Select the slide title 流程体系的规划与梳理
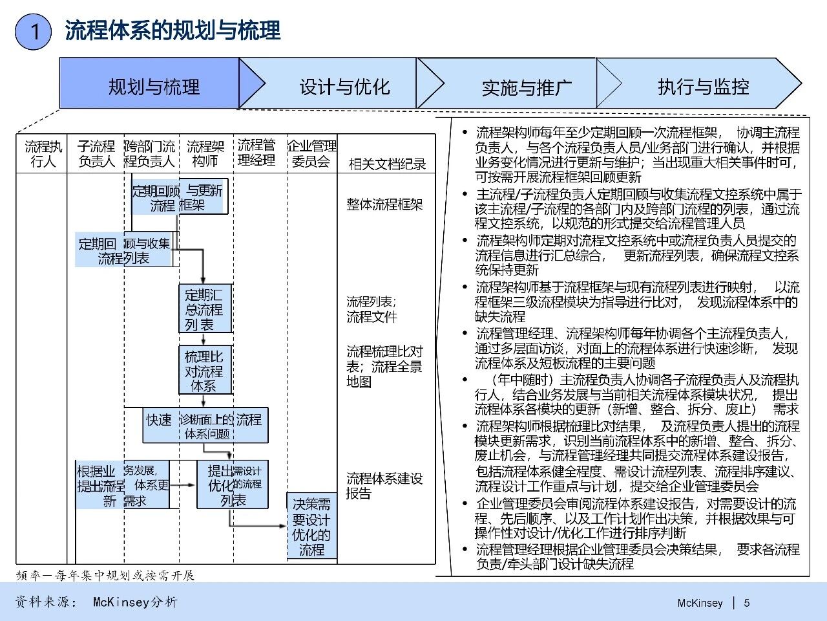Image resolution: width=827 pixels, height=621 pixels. [x=173, y=30]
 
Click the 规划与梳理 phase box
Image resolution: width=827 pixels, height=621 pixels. [x=154, y=86]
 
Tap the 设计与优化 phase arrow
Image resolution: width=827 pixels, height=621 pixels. [x=344, y=86]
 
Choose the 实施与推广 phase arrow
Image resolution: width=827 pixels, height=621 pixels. [x=526, y=87]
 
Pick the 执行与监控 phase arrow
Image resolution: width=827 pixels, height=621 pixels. [x=703, y=86]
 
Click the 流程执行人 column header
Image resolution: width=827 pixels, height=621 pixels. [x=42, y=154]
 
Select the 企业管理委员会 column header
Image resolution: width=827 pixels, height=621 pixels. [x=311, y=154]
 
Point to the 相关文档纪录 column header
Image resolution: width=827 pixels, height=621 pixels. [x=387, y=164]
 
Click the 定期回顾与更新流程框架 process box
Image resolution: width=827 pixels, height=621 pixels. [x=179, y=197]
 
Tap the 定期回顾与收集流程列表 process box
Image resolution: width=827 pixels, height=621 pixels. [x=124, y=250]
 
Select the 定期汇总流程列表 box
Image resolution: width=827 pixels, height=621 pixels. [x=204, y=309]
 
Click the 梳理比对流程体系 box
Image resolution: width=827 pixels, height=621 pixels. [x=204, y=371]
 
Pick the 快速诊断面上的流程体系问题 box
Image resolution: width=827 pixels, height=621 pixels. [x=205, y=426]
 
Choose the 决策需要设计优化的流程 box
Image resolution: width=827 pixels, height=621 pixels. [x=311, y=527]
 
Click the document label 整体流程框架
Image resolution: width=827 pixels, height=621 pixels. [x=384, y=204]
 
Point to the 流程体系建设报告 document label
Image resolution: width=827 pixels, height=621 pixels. [x=384, y=486]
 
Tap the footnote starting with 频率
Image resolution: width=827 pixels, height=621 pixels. [x=105, y=575]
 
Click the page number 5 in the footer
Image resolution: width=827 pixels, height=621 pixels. [x=747, y=603]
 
